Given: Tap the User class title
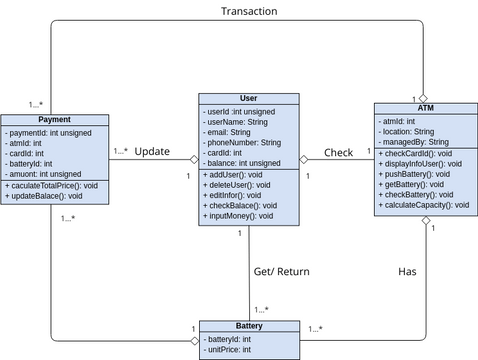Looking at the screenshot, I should [x=249, y=99].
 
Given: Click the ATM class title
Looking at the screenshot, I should [x=424, y=106].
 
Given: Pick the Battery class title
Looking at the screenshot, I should [x=249, y=327].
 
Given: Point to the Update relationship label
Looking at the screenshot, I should [x=152, y=153].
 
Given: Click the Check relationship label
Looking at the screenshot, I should [x=338, y=153].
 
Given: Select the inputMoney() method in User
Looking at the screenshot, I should [x=239, y=216].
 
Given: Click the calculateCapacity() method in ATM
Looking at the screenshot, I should [x=425, y=205].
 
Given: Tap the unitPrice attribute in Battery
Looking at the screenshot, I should [x=231, y=351].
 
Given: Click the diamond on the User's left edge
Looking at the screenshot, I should [x=194, y=159].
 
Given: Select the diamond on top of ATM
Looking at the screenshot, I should [x=424, y=97].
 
